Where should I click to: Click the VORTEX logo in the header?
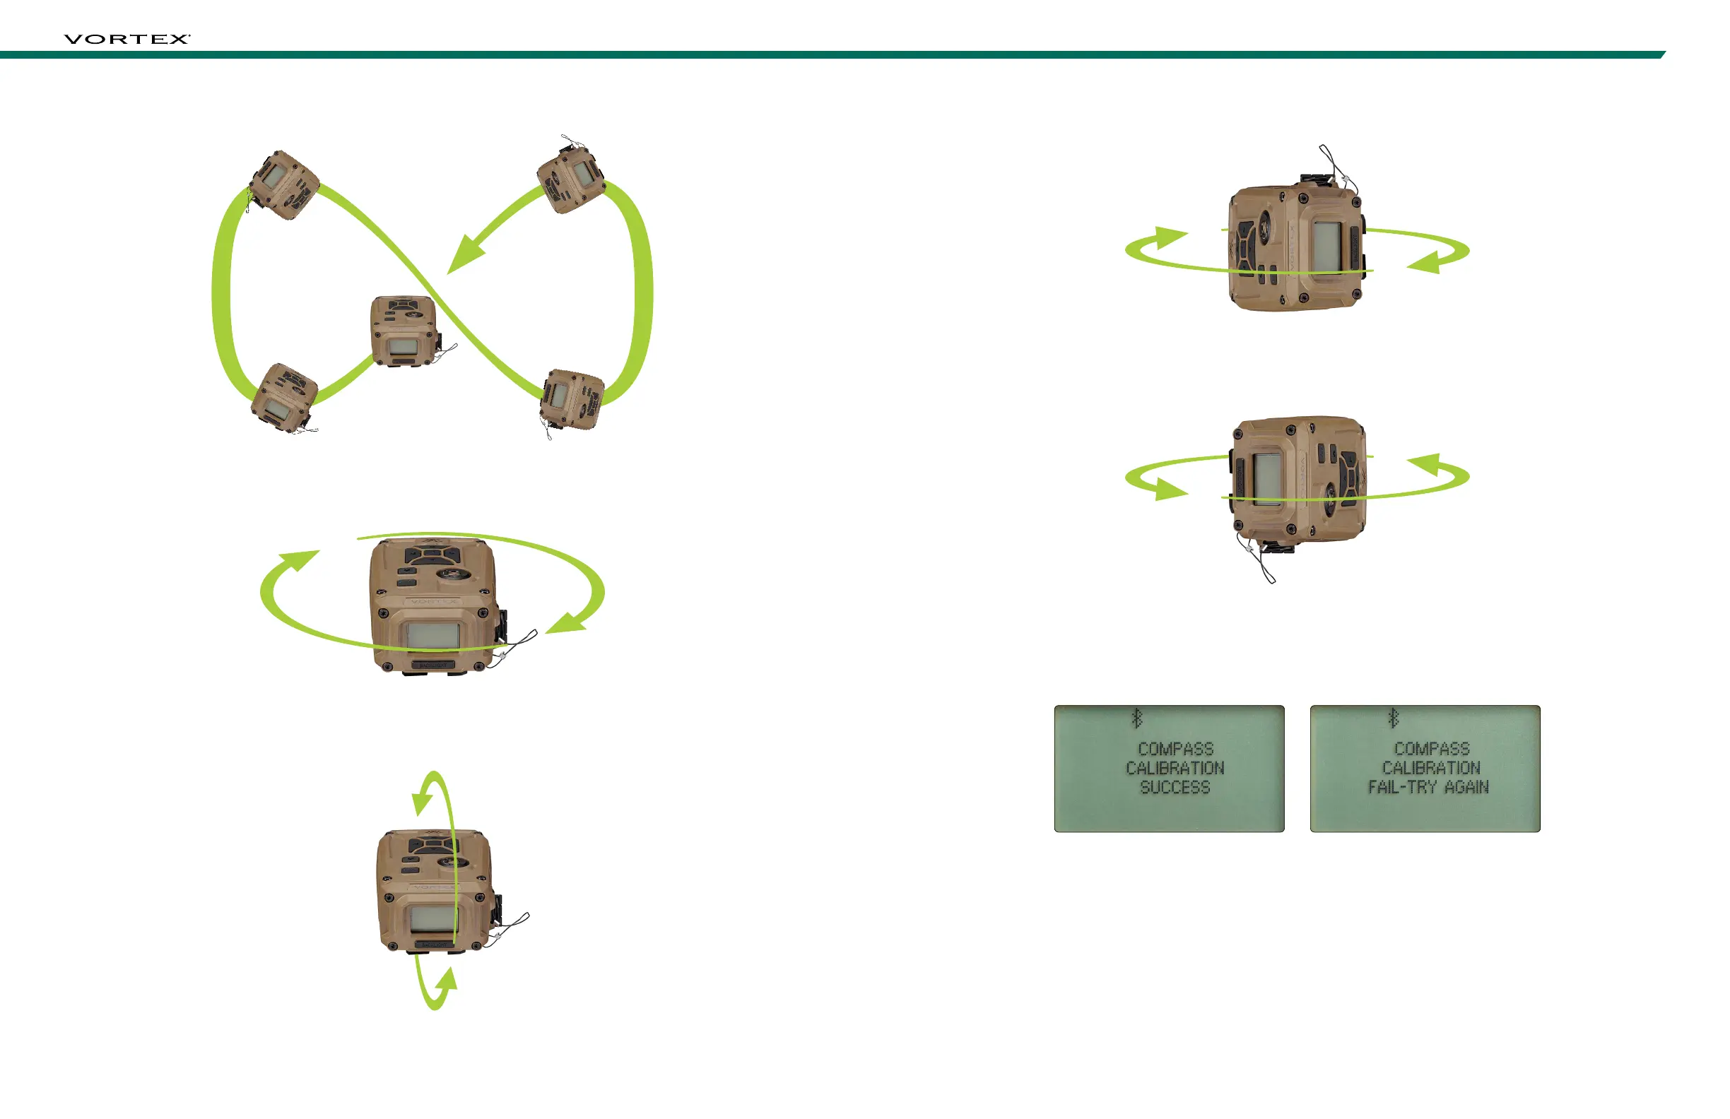pos(127,39)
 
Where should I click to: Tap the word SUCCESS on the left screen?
pos(1175,788)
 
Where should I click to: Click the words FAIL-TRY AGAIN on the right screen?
pos(1428,787)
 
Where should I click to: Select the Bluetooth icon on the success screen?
pos(1138,718)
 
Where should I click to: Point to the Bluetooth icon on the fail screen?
pos(1394,718)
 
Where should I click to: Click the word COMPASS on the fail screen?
pos(1431,748)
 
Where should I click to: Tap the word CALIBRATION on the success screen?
pos(1175,768)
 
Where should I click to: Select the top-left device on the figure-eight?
pos(284,184)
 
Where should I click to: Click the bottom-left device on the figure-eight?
pos(284,398)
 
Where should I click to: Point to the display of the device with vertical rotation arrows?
pos(432,920)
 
